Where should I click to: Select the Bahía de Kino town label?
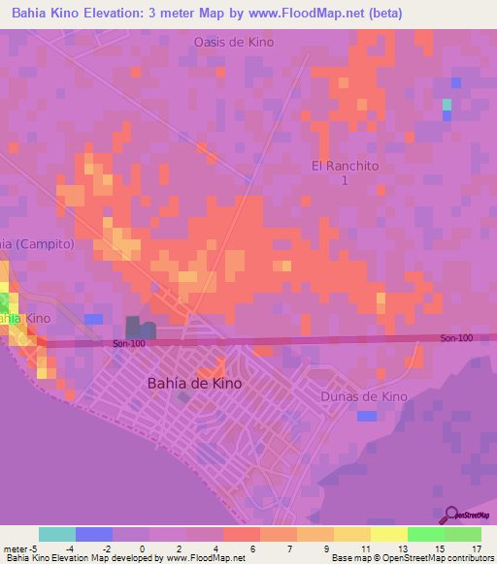(x=194, y=383)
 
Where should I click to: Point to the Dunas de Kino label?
(x=363, y=396)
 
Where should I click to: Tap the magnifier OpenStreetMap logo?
(x=452, y=514)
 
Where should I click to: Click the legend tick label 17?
(x=477, y=548)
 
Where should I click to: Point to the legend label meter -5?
(x=20, y=548)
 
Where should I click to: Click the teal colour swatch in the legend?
(x=57, y=534)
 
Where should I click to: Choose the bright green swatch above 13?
(x=426, y=534)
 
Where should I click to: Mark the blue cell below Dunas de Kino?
(x=366, y=416)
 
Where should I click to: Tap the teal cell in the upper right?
(x=447, y=104)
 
